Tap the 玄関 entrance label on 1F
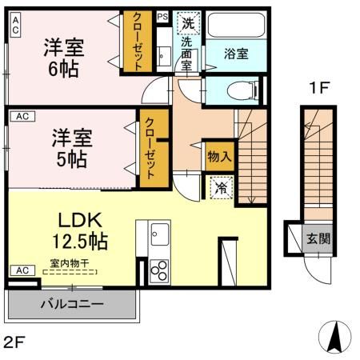(x=311, y=238)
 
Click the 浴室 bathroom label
(x=234, y=54)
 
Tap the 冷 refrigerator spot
(x=220, y=188)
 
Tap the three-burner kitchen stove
(x=155, y=270)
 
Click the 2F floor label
(x=14, y=342)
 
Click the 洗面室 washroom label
(x=186, y=54)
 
